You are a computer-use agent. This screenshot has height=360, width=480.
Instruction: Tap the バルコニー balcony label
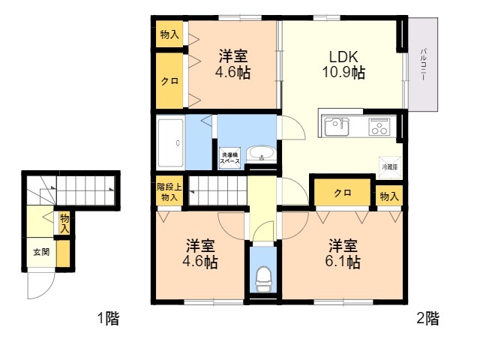coord(424,66)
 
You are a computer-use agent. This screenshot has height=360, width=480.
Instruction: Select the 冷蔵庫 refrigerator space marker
coord(389,166)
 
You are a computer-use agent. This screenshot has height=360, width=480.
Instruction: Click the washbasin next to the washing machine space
coord(262,154)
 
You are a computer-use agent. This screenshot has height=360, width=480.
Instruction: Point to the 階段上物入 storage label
coord(168,192)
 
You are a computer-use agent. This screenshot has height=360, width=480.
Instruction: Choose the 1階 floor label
coord(108,319)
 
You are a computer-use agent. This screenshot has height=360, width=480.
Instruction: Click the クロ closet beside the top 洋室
coord(169,81)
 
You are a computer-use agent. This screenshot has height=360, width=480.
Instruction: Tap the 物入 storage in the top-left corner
coord(169,34)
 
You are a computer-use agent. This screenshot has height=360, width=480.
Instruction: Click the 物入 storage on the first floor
coord(65,222)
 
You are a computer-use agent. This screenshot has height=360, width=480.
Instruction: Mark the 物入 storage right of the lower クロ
coord(388,196)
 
